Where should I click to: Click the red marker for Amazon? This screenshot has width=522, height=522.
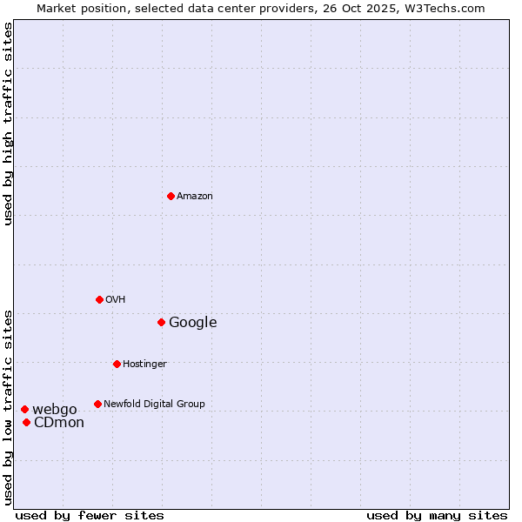(171, 196)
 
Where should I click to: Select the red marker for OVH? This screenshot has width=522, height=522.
(99, 299)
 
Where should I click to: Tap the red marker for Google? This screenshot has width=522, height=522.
(161, 322)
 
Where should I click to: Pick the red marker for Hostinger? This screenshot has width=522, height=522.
(117, 364)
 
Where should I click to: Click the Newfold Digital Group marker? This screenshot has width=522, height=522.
(97, 404)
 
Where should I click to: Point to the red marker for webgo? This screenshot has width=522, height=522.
(24, 409)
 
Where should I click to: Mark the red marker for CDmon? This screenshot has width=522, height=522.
(26, 422)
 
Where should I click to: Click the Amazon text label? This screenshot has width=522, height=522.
(195, 197)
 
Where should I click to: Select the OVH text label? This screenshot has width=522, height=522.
(116, 300)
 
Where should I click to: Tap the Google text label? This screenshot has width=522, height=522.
(193, 323)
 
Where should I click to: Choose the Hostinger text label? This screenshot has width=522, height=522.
(144, 365)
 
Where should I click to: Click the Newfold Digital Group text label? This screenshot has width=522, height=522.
(155, 405)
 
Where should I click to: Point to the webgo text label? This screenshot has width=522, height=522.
(55, 410)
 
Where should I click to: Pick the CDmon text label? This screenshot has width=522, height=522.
(59, 423)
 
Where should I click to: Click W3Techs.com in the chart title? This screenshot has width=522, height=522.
(446, 9)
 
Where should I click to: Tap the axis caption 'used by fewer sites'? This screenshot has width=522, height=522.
(90, 515)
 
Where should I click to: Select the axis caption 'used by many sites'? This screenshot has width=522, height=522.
(437, 515)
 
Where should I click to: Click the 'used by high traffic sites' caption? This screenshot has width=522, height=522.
(9, 124)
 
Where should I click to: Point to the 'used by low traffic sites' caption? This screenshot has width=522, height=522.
(9, 407)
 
